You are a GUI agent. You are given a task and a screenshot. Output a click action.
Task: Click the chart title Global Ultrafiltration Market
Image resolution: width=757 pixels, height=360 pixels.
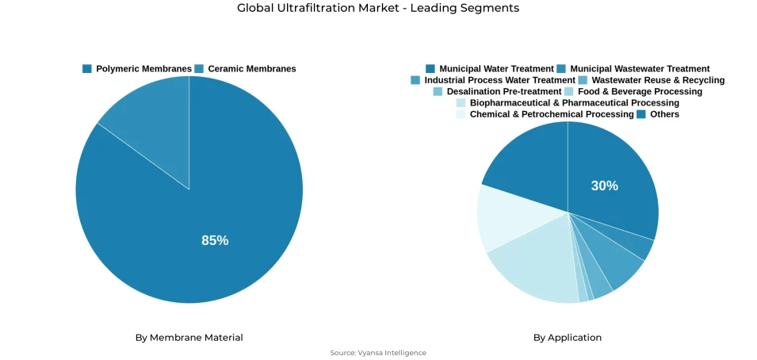378,8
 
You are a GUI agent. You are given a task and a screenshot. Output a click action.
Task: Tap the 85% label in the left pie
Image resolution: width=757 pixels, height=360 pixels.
215,240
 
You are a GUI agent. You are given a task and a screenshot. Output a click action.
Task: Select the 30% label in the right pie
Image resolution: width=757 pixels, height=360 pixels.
604,186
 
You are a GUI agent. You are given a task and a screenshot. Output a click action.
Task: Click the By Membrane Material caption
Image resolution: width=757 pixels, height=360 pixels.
189,338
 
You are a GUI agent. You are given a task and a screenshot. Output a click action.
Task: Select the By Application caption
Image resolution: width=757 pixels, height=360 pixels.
568,338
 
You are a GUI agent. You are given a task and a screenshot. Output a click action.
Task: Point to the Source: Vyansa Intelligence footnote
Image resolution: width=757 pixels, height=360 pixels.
378,353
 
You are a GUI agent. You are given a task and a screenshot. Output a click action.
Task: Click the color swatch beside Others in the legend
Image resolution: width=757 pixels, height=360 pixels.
642,114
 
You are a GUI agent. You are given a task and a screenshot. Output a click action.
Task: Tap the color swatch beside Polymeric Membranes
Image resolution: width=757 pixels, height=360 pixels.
87,69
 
